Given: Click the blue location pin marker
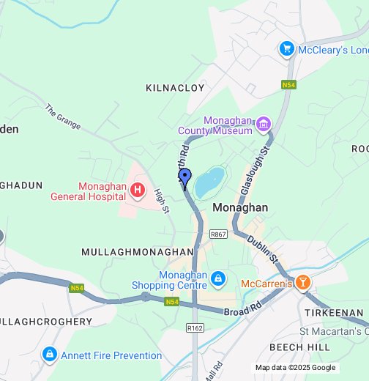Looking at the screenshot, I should click(x=185, y=179).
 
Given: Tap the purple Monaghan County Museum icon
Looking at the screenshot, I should click(x=264, y=126).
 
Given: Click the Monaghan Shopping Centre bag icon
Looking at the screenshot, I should click(x=217, y=279).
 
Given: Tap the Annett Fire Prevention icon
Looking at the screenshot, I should click(x=49, y=355).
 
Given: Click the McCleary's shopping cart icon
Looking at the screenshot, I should click(x=286, y=49).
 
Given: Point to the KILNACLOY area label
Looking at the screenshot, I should click(x=175, y=88).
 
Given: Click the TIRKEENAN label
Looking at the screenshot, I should click(x=334, y=313).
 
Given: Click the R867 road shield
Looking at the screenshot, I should click(x=218, y=234).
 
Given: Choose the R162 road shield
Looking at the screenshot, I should click(x=195, y=329).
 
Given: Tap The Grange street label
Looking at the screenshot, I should click(x=61, y=116).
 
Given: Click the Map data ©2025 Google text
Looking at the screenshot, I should click(x=295, y=368).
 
